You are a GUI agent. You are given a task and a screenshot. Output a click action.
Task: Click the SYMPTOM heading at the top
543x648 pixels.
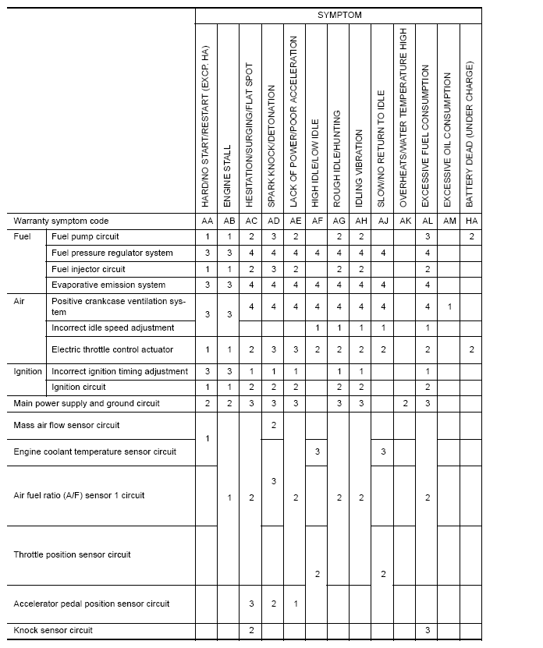click(339, 15)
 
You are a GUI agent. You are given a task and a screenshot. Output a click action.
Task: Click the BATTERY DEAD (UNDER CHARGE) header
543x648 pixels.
click(470, 133)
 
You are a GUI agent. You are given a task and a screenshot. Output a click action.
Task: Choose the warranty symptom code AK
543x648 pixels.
click(405, 221)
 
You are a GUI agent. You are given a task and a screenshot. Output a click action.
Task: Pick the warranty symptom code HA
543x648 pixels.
click(471, 221)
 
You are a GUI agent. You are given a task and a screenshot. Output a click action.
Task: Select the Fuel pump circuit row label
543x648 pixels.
click(85, 236)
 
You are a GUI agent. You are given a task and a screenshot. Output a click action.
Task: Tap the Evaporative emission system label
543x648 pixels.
click(108, 285)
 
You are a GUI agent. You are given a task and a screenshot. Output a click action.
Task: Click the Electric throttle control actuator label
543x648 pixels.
click(112, 349)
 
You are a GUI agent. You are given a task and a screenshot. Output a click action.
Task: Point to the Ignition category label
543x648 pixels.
click(28, 371)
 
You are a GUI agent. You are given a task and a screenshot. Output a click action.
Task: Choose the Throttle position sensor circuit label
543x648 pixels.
click(72, 555)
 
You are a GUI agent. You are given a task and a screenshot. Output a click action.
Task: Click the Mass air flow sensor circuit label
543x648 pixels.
click(66, 426)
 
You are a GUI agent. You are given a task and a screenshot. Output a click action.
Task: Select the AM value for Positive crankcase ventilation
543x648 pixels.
click(449, 306)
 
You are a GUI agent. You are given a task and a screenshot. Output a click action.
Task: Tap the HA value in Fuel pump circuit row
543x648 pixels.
click(471, 236)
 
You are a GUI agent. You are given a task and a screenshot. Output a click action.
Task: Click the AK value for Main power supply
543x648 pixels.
click(405, 403)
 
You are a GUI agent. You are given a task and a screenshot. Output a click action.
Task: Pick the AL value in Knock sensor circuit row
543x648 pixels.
click(427, 629)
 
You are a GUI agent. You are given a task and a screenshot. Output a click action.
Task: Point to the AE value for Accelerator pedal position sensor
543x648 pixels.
click(295, 604)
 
